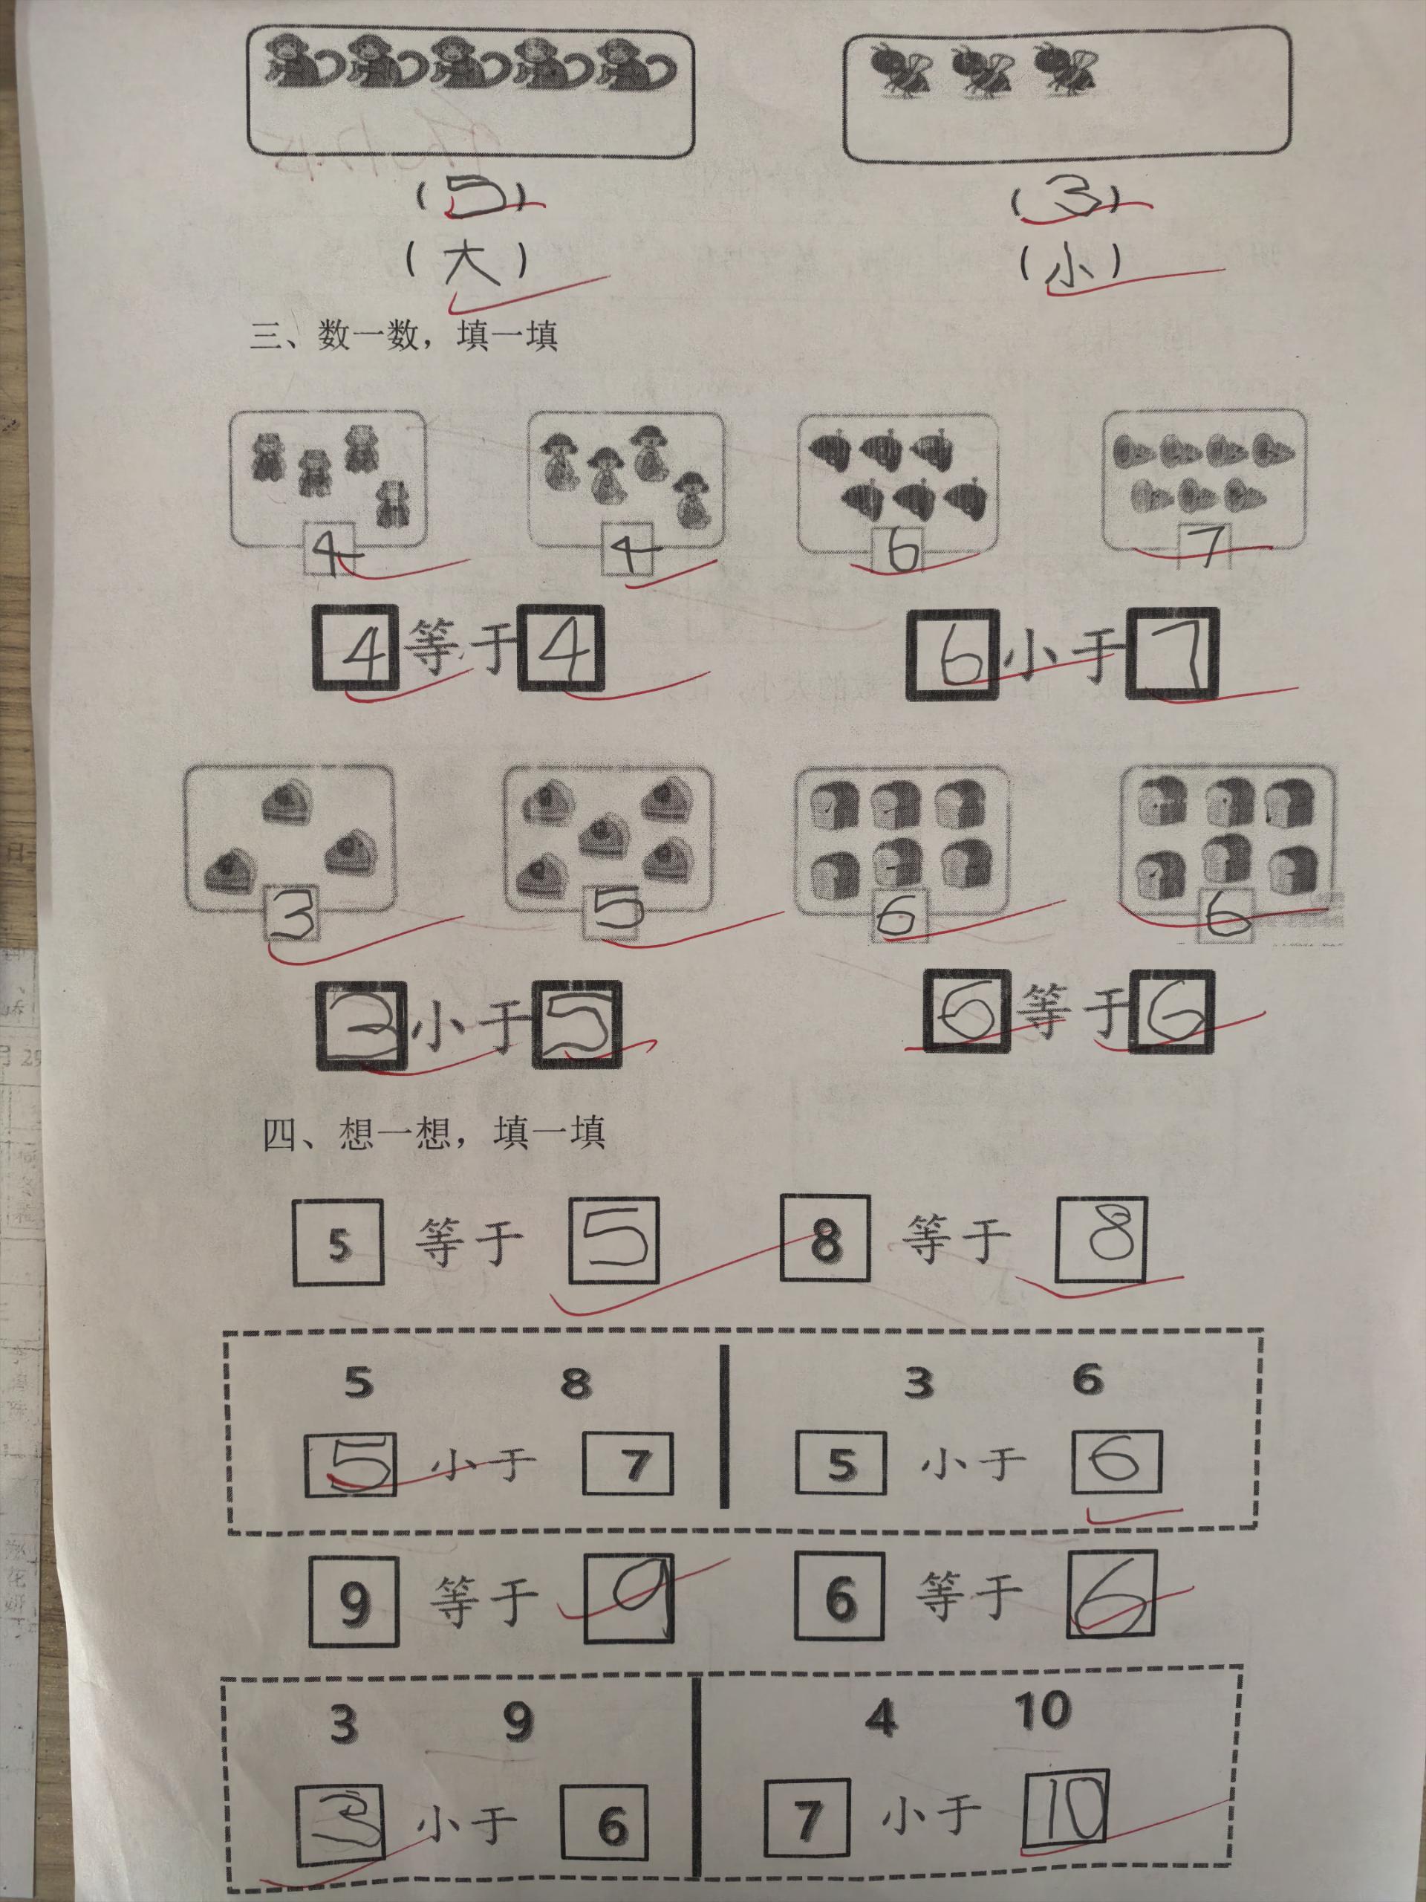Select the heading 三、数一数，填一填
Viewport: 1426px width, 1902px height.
[404, 334]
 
